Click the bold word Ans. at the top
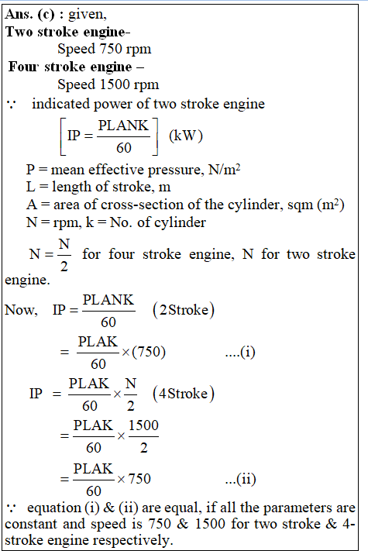click(x=19, y=14)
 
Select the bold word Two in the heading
click(x=19, y=32)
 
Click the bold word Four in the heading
click(x=22, y=67)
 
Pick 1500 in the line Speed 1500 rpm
click(x=114, y=84)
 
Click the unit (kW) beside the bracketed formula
click(x=186, y=136)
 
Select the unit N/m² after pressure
click(x=224, y=170)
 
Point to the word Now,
click(x=21, y=310)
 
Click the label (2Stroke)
click(x=184, y=310)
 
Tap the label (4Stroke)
click(x=184, y=394)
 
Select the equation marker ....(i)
click(x=240, y=352)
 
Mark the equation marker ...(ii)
click(x=240, y=479)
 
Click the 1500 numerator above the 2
click(x=143, y=425)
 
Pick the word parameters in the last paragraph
click(x=297, y=508)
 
